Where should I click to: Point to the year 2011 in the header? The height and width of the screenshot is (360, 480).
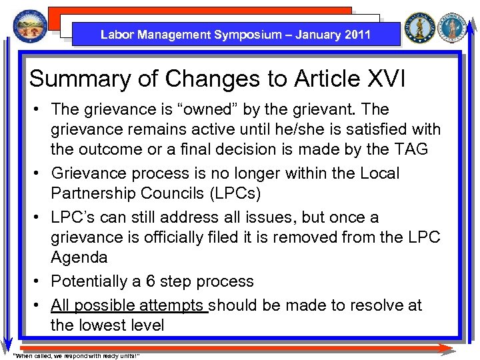pos(355,35)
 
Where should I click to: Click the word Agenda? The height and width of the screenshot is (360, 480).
pos(79,257)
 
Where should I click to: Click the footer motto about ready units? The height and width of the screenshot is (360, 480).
pos(77,355)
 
